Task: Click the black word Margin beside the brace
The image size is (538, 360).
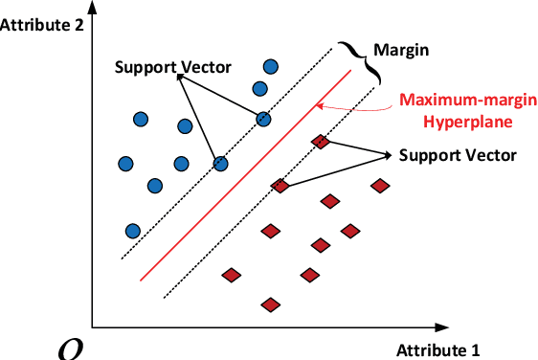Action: tap(400, 49)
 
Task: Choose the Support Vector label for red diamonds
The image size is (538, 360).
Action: tap(458, 154)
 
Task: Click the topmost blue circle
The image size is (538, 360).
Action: tap(271, 67)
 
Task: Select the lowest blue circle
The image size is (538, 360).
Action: tap(133, 230)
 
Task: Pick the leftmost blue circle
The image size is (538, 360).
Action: tap(125, 164)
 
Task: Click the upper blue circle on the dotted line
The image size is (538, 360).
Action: tap(263, 119)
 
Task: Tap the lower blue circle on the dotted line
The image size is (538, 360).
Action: tap(221, 164)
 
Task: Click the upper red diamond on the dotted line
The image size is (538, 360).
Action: tap(322, 142)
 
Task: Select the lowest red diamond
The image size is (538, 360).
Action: tap(271, 304)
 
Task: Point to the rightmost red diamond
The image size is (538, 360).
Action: tap(381, 186)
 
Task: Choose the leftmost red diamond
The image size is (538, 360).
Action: tap(231, 275)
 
